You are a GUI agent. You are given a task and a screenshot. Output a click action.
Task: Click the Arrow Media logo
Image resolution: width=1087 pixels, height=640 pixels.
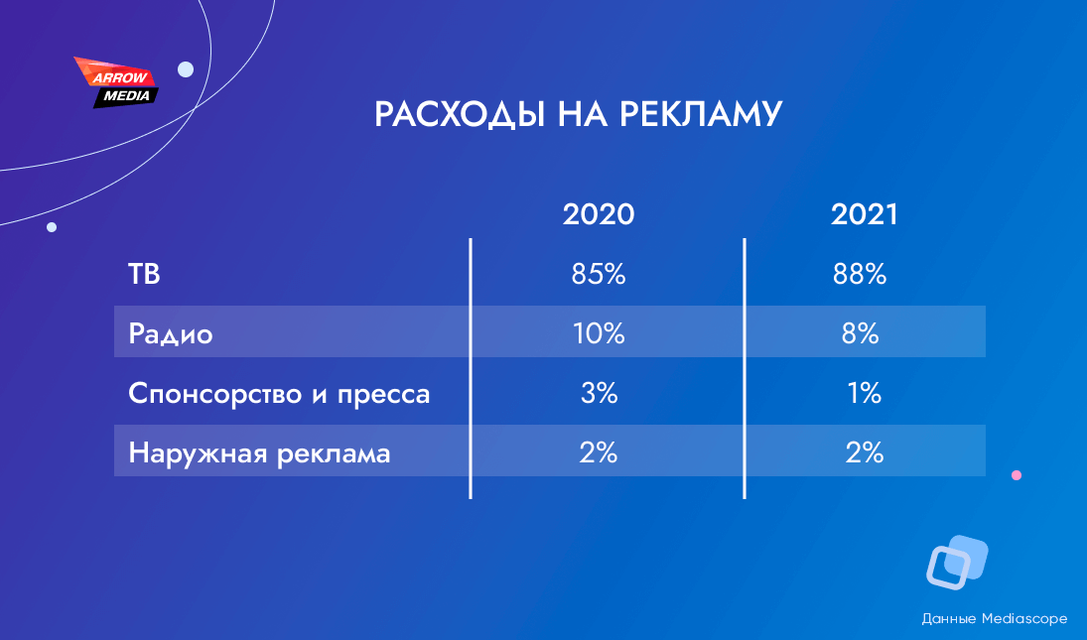click(116, 83)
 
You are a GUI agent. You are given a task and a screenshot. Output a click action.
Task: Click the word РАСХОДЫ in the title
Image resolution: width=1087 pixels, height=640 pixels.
click(459, 114)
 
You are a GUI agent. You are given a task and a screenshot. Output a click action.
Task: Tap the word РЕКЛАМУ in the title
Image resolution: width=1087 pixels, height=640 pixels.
click(700, 113)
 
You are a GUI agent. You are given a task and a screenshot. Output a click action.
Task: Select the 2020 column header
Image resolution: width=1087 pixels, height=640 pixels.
click(599, 214)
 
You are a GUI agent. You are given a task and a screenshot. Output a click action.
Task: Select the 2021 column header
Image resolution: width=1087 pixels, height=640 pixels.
click(864, 214)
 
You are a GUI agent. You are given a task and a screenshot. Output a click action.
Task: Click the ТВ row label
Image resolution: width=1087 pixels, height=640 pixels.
click(144, 274)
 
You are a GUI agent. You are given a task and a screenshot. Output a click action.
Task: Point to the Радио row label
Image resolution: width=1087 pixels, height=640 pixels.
click(171, 333)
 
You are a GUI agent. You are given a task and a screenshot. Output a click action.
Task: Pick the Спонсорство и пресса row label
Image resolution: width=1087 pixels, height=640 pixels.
click(279, 393)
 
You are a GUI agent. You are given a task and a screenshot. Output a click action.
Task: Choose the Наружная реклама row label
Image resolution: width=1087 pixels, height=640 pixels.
click(259, 453)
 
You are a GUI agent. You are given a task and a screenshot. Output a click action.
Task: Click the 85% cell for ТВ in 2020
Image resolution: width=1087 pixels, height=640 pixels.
click(599, 274)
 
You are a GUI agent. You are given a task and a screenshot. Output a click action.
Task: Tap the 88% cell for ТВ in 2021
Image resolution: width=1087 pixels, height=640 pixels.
click(860, 274)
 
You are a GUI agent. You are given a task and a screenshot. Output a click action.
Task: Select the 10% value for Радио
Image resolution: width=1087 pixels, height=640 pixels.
click(599, 333)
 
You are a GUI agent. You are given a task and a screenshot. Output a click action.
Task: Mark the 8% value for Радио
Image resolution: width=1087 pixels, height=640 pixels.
click(861, 333)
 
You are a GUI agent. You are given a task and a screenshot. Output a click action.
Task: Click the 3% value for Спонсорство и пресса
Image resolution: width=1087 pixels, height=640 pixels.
click(599, 393)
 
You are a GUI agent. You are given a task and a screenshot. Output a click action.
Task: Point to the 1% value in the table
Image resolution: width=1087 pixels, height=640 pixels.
click(865, 393)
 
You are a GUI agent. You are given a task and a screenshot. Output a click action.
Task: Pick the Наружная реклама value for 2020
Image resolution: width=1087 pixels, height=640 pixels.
click(599, 453)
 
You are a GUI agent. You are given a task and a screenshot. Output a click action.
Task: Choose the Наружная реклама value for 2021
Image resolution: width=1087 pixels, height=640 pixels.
click(865, 453)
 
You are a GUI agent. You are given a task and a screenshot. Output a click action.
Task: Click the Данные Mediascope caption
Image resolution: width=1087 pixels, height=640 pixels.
click(994, 618)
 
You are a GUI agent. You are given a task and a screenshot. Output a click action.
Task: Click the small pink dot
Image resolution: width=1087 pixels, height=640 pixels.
click(1017, 475)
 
